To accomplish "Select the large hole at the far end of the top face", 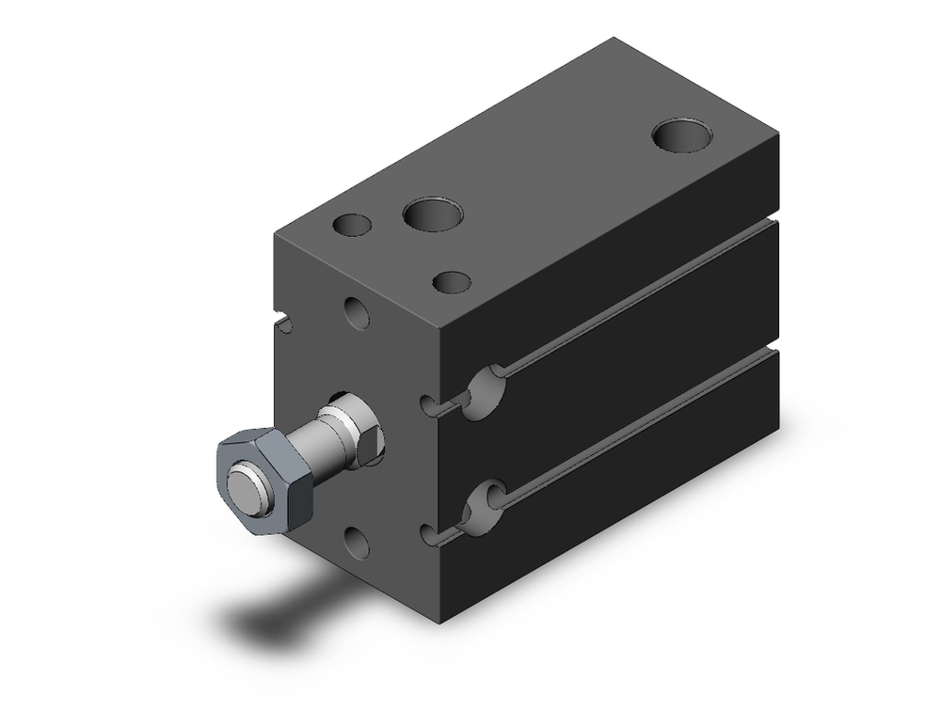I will (683, 134).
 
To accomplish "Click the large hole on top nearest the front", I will (433, 213).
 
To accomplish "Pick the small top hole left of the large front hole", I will (353, 226).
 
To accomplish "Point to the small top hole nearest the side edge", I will (453, 281).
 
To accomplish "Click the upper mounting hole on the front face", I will (357, 312).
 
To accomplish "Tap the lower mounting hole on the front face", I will (357, 543).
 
